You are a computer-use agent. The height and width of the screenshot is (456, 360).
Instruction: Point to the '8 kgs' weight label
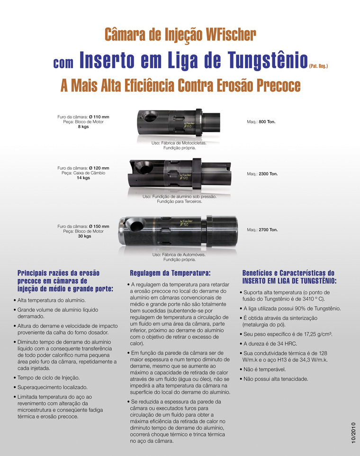(x=83, y=127)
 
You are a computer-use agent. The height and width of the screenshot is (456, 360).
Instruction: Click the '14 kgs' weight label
(x=83, y=178)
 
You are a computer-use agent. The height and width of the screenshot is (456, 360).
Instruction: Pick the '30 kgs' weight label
(x=85, y=236)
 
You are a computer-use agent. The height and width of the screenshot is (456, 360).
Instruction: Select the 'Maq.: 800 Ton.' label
(x=261, y=122)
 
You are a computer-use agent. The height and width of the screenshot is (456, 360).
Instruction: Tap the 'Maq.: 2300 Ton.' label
(x=262, y=174)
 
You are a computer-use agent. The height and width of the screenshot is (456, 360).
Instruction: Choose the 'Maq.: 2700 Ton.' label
(x=262, y=230)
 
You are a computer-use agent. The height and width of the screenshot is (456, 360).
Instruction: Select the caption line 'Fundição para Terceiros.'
(x=180, y=201)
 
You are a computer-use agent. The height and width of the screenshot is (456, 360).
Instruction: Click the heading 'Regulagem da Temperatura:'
(x=170, y=273)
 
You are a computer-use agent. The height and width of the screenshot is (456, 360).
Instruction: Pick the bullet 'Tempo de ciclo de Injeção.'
(x=49, y=377)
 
